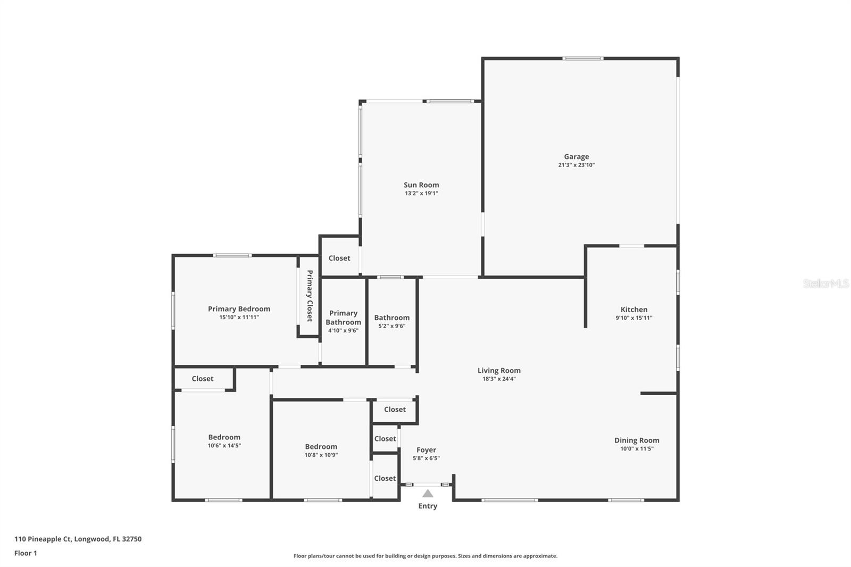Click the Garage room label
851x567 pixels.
pyautogui.click(x=576, y=157)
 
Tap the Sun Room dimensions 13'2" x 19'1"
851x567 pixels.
pyautogui.click(x=421, y=194)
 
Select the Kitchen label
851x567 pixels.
pyautogui.click(x=634, y=310)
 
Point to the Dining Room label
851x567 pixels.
pyautogui.click(x=637, y=440)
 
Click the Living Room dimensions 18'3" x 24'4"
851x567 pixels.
pyautogui.click(x=499, y=379)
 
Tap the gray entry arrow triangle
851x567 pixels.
pyautogui.click(x=428, y=494)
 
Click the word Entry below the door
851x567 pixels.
pyautogui.click(x=428, y=506)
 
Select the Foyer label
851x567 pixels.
pyautogui.click(x=426, y=450)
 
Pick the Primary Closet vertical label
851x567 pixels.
pyautogui.click(x=309, y=296)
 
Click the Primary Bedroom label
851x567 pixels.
pyautogui.click(x=239, y=309)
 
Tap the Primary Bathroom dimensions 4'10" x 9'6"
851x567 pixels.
pyautogui.click(x=343, y=331)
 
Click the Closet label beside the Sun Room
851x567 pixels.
pyautogui.click(x=339, y=258)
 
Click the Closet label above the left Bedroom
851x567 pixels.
pyautogui.click(x=203, y=379)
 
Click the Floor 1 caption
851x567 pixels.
pyautogui.click(x=26, y=553)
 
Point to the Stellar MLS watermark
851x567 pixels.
pyautogui.click(x=825, y=283)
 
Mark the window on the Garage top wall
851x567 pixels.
pyautogui.click(x=583, y=59)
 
